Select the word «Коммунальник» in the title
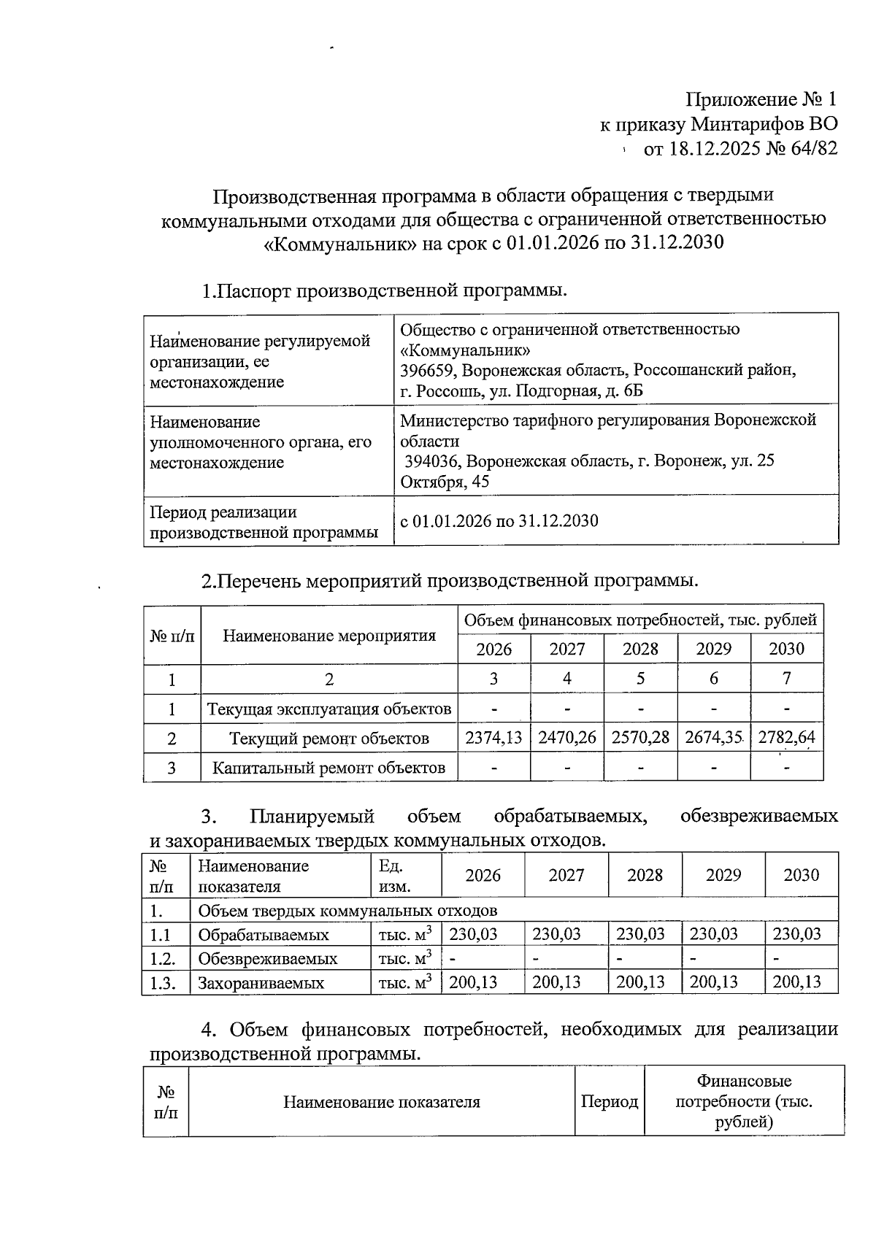coord(339,242)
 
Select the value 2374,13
coord(494,738)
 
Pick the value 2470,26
coord(567,738)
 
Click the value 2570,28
coord(640,738)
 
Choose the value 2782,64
coord(786,738)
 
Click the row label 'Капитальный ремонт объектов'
coord(328,768)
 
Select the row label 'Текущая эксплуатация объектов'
coord(328,709)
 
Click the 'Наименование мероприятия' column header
coord(328,636)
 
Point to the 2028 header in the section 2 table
coord(640,650)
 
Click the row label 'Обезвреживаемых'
coord(267,958)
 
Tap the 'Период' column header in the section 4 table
coord(609,1102)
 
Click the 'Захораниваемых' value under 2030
coord(796,982)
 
